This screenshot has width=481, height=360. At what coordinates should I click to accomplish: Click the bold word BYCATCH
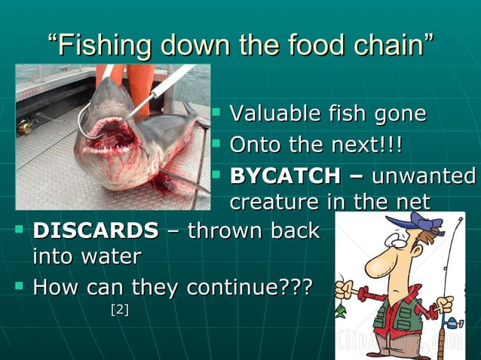[x=285, y=176]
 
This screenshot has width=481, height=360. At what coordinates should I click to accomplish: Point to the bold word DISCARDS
[x=96, y=230]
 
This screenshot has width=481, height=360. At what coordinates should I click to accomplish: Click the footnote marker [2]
[x=119, y=309]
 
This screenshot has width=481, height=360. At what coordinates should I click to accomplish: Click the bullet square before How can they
[x=20, y=286]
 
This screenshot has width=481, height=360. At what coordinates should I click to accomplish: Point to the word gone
[x=399, y=114]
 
